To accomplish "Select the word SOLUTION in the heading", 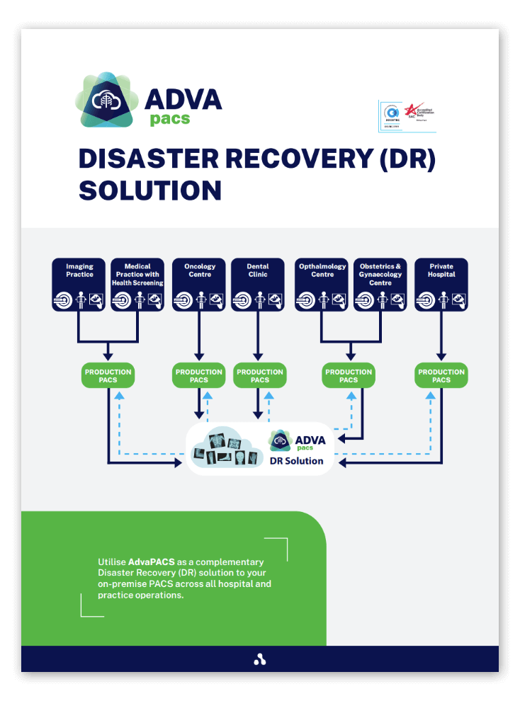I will (x=150, y=190).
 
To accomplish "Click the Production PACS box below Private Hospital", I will (x=441, y=376).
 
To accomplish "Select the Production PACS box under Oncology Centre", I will (x=199, y=376).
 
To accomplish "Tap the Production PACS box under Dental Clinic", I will (x=260, y=376).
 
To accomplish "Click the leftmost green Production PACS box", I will (x=108, y=376).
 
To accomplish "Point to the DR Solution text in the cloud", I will (x=296, y=461).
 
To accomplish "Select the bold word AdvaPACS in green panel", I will (x=152, y=562).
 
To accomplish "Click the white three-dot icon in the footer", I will (x=260, y=660).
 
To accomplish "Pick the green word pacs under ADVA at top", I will (x=170, y=119).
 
